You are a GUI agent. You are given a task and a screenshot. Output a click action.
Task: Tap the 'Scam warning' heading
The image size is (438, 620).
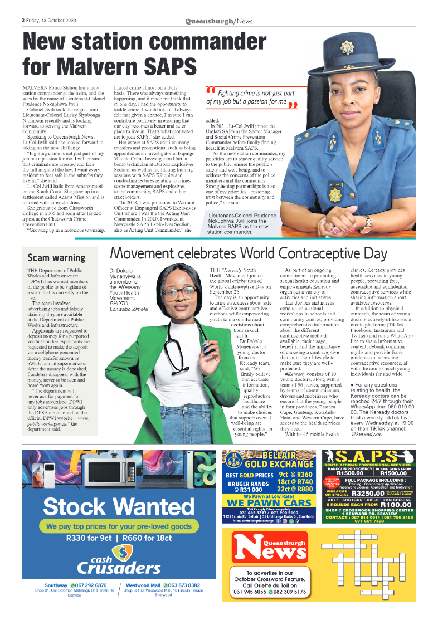(x=56, y=258)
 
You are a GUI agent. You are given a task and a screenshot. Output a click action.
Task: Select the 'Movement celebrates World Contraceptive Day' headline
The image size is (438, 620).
(x=249, y=254)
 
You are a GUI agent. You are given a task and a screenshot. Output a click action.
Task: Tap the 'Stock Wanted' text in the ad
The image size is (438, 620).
(x=118, y=506)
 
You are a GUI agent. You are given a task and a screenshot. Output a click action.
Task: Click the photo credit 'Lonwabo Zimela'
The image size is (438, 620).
(x=128, y=308)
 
